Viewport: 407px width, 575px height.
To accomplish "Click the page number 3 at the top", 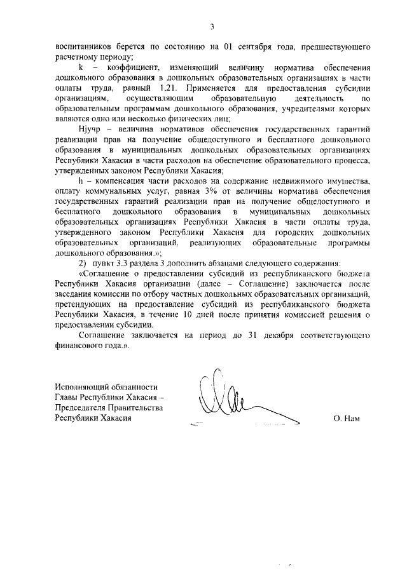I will (x=212, y=27).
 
